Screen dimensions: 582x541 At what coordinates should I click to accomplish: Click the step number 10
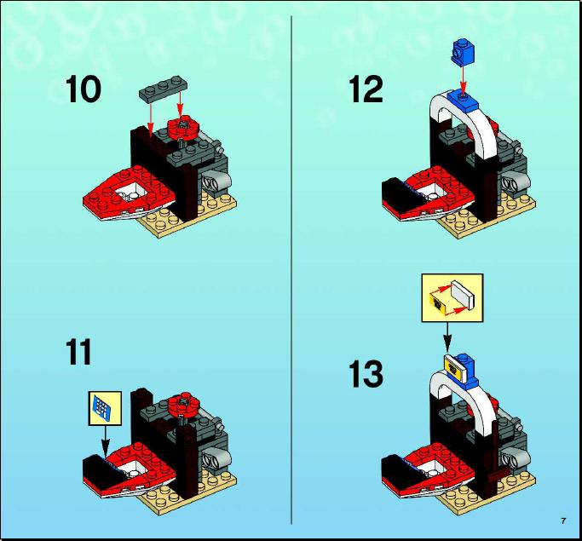84,89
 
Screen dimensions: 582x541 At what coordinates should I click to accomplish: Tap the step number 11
78,352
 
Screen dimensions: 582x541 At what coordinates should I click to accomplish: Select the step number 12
366,89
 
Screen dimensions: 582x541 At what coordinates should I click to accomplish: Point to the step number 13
366,374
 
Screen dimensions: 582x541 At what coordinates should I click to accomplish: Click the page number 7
563,521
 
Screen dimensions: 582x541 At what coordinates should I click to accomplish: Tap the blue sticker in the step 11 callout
103,408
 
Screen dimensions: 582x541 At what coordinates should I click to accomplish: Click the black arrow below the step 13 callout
448,337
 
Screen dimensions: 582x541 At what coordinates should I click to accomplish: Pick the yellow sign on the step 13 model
455,367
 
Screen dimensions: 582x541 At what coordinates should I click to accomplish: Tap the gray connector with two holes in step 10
216,182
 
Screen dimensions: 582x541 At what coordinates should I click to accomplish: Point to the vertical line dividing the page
291,270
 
